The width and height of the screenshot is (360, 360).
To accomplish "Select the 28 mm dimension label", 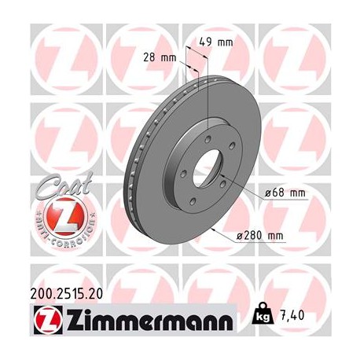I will [163, 57].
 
